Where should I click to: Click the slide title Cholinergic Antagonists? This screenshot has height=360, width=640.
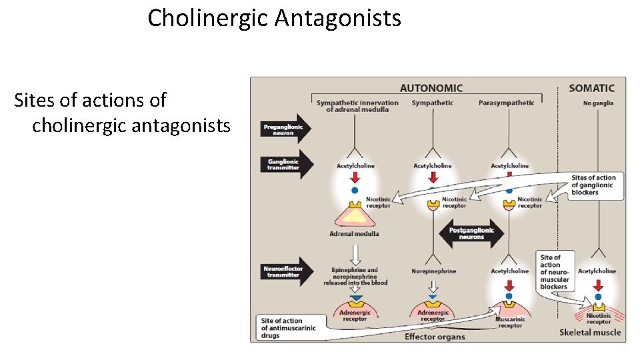point(274,18)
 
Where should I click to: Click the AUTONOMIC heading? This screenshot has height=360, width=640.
point(431,88)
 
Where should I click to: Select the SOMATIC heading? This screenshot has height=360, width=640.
point(591,88)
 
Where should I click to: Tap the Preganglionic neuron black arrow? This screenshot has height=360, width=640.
point(285,130)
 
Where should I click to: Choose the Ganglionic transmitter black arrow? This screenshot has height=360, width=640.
point(285,165)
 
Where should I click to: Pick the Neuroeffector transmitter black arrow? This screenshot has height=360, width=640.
point(285,271)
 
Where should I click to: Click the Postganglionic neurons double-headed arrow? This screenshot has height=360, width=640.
point(471,233)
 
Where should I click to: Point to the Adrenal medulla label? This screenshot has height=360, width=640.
point(354,234)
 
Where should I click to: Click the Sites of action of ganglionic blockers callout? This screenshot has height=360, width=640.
point(593,185)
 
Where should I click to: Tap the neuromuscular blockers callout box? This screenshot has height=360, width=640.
point(554,272)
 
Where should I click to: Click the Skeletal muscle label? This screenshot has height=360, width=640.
point(589,332)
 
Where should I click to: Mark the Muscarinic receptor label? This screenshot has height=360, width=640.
point(510,323)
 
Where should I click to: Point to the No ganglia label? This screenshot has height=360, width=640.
point(597,103)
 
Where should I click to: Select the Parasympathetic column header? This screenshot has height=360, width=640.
point(506,103)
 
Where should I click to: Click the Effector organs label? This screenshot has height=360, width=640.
point(434,337)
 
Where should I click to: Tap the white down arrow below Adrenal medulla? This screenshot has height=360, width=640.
point(355,253)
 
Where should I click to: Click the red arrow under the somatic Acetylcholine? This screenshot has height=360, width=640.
point(598,285)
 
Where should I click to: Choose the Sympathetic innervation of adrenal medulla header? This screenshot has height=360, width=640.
point(357,106)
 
